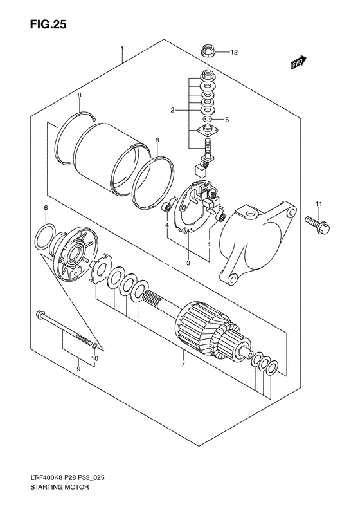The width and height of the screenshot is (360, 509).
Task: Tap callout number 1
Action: tap(122, 48)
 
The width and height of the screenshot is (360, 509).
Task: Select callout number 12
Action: tap(235, 51)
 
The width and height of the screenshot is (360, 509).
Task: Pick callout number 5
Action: tap(227, 120)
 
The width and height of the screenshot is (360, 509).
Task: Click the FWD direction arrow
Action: tap(298, 64)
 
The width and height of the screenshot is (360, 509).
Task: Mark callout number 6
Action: tap(46, 208)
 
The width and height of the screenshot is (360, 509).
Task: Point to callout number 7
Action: tap(183, 364)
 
